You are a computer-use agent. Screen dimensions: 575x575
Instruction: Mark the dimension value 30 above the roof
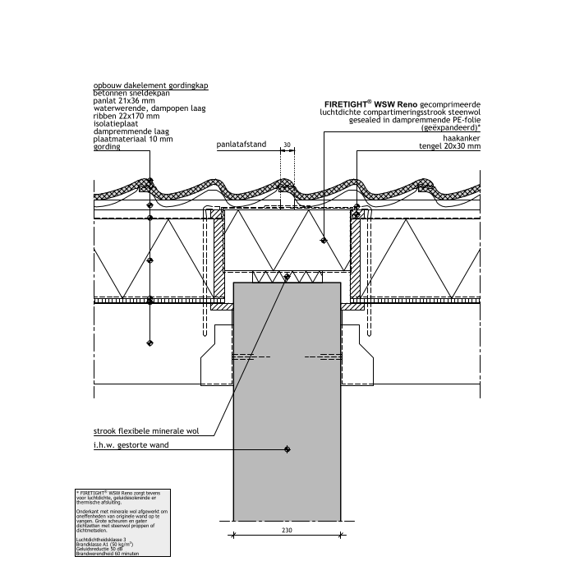click(286, 145)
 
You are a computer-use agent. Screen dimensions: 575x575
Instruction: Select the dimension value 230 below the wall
click(286, 531)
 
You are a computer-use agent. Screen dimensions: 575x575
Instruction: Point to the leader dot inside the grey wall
click(286, 448)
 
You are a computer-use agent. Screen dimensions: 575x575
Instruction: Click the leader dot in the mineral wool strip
click(286, 277)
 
